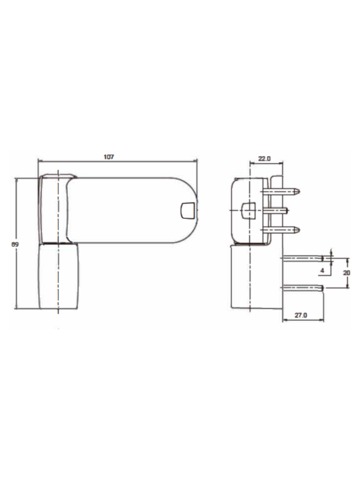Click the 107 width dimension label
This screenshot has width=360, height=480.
click(109, 157)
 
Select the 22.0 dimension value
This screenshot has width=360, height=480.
click(264, 158)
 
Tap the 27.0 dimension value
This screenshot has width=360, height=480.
click(301, 315)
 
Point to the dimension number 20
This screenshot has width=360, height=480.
click(347, 273)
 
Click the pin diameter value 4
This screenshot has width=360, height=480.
click(322, 270)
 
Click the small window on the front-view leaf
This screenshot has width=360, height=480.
click(187, 210)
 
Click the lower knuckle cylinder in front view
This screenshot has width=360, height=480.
click(58, 276)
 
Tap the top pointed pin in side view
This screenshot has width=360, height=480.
click(282, 192)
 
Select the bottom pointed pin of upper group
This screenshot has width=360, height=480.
click(282, 229)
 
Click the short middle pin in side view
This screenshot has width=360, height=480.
click(276, 210)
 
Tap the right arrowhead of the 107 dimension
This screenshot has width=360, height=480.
click(196, 161)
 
